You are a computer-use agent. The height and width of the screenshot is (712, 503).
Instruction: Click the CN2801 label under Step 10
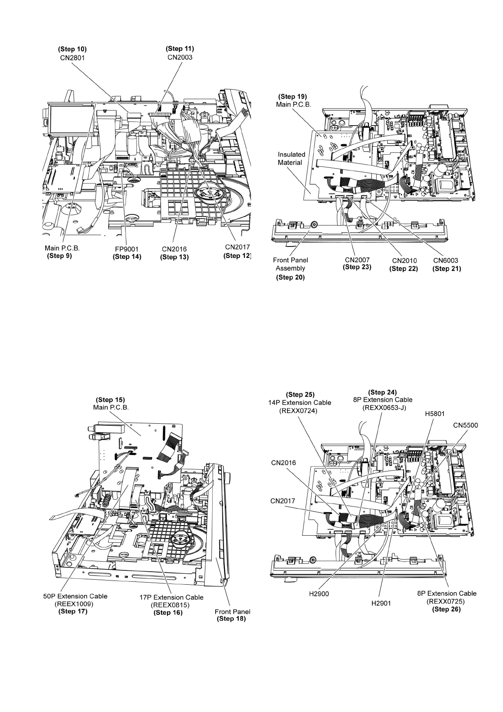coord(72,58)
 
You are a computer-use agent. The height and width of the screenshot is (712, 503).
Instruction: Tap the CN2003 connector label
coord(180,57)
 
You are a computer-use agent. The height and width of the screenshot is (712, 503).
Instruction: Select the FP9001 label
coord(127,249)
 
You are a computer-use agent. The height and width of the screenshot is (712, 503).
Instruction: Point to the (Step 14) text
coord(127,257)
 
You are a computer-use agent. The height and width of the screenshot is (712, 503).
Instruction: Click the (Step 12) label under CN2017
coord(237,255)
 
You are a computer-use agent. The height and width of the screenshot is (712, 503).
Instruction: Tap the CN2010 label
coord(404,260)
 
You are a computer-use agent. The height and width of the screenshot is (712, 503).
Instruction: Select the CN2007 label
coord(357,259)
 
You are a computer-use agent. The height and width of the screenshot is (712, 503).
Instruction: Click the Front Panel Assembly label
coord(290,264)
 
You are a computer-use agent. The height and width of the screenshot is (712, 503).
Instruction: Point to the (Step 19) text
coord(293,96)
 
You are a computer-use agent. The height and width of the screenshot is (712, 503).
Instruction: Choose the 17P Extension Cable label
coord(171,597)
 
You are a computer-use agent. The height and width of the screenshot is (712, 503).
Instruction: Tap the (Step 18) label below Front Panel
coord(231,619)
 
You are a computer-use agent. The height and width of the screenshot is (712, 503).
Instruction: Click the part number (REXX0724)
coord(298,411)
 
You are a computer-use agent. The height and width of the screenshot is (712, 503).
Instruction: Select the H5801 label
coord(435,414)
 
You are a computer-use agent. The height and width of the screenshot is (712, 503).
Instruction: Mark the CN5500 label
coord(465,425)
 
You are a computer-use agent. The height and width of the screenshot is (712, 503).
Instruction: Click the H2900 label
coord(319,594)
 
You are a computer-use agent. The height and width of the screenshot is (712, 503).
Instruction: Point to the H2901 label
coord(381,603)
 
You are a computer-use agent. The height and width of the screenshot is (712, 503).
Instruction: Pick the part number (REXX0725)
coord(446,601)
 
